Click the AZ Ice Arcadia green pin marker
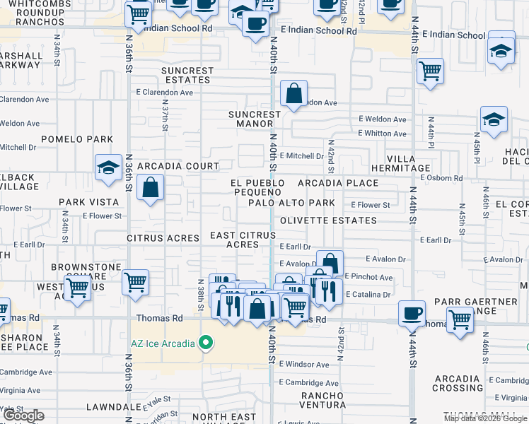pos(206,344)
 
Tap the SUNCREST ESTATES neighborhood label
pos(187,75)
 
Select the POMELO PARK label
pos(86,139)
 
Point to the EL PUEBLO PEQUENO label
pos(258,187)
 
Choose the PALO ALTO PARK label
pos(291,203)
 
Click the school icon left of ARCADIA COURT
pos(108,167)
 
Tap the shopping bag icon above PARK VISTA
pos(151,188)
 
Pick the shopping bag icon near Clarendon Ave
pos(293,93)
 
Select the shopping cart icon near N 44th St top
pos(430,70)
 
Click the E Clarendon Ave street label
pos(165,93)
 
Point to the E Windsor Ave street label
pos(304,365)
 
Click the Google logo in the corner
pos(23,416)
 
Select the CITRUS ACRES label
pos(163,238)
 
